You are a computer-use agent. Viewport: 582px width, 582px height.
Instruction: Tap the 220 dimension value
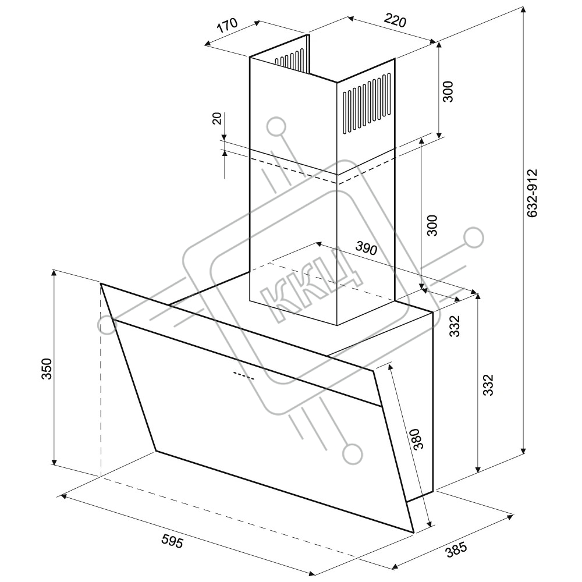coord(395,21)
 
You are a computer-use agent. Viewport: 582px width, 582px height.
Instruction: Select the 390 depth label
coord(366,248)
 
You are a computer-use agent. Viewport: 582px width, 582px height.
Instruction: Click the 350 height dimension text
coord(46,368)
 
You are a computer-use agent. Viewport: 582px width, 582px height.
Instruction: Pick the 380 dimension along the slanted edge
coord(417,439)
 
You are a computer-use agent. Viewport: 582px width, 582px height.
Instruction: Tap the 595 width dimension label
coord(172,541)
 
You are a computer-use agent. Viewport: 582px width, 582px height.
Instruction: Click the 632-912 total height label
coord(532,193)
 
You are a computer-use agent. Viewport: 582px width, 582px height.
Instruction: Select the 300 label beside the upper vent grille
coord(448,91)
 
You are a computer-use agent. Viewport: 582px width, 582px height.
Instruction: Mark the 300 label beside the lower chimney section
coord(432,225)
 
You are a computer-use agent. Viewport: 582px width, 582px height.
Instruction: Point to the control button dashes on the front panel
coord(244,375)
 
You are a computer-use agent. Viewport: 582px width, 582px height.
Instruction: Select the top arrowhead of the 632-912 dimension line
coord(523,9)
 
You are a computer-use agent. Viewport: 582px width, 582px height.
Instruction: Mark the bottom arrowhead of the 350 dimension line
coord(54,462)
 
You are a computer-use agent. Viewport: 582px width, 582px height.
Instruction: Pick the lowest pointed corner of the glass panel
coord(413,533)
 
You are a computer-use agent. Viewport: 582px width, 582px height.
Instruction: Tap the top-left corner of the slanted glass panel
coord(101,283)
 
